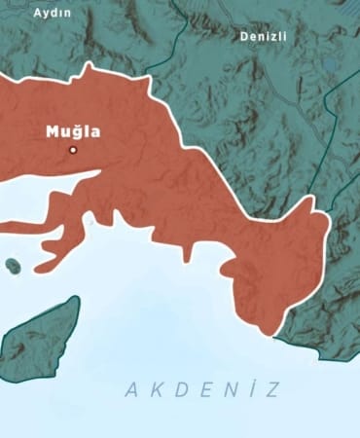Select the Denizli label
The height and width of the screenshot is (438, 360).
[265, 36]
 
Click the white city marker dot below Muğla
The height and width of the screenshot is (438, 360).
[72, 150]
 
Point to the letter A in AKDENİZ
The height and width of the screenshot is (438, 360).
[131, 390]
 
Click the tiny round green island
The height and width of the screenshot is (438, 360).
[13, 264]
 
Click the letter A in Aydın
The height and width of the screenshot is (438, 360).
[36, 13]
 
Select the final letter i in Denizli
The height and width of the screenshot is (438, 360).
[286, 36]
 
